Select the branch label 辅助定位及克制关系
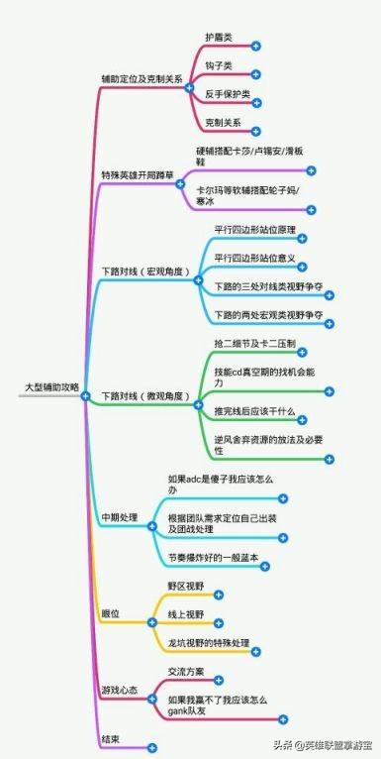pos(142,78)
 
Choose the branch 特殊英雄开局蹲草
pos(138,174)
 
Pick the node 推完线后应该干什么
pos(252,409)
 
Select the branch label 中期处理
pos(120,518)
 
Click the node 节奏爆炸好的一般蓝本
pos(212,557)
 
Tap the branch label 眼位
pos(110,614)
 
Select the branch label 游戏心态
pos(120,689)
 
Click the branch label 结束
pos(110,740)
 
